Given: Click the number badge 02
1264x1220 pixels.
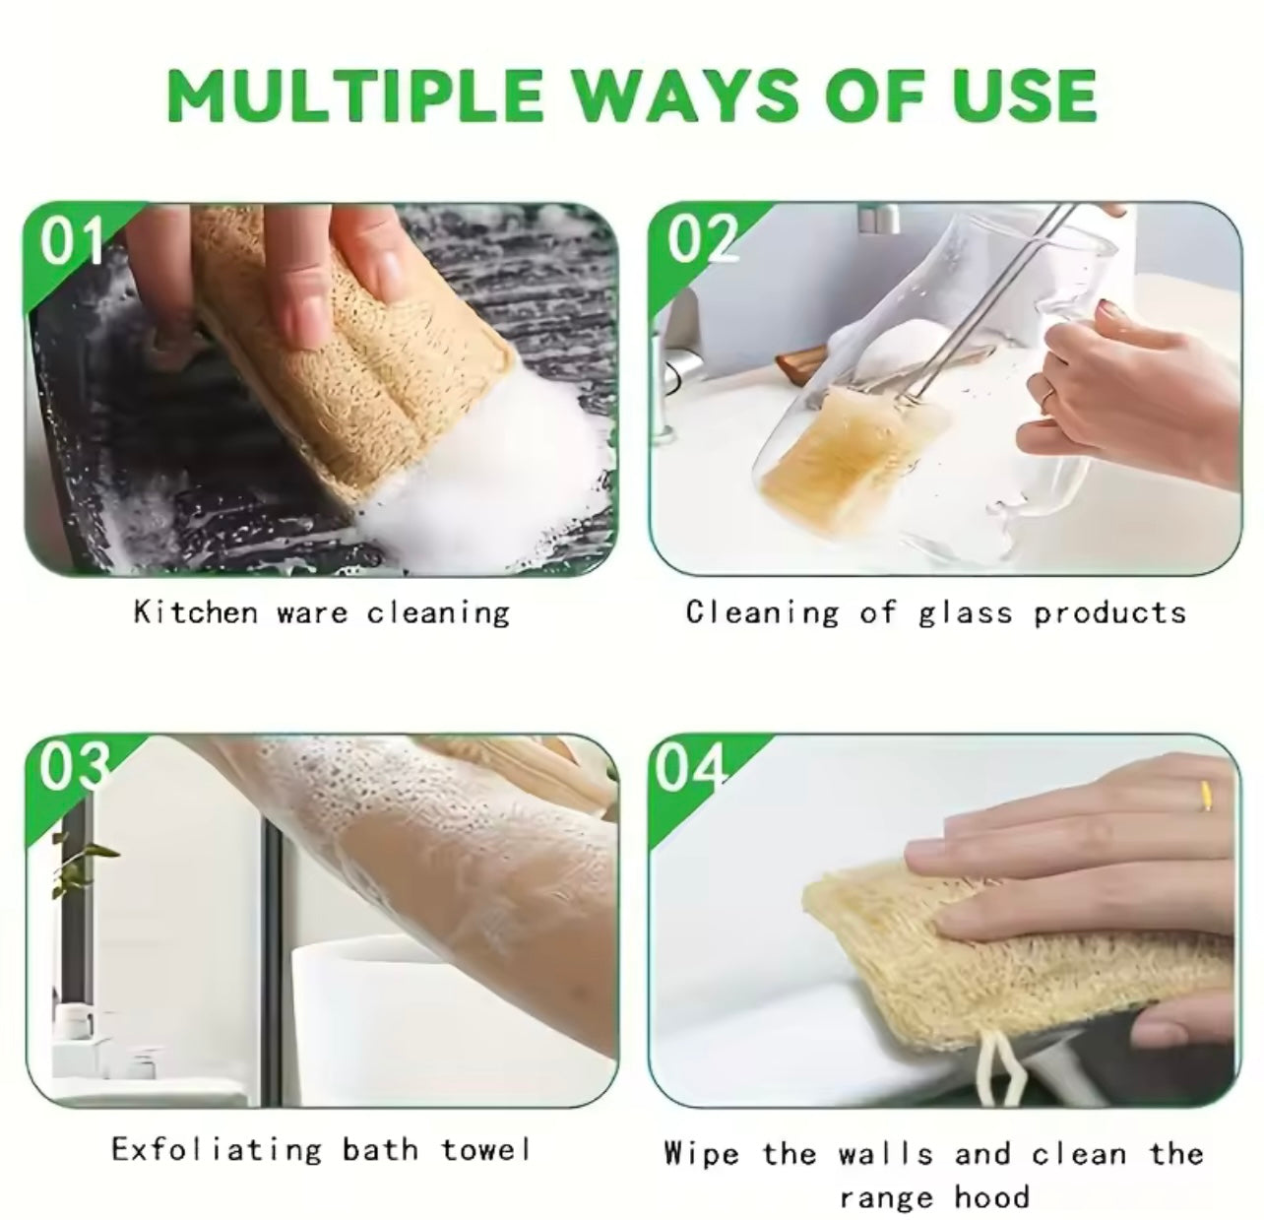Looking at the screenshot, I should click(x=701, y=239).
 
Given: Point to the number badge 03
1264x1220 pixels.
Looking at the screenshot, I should click(x=71, y=768).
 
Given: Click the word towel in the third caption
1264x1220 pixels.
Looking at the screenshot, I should click(x=485, y=1149).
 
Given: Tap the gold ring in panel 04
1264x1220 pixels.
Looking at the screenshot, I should click(x=1206, y=795).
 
